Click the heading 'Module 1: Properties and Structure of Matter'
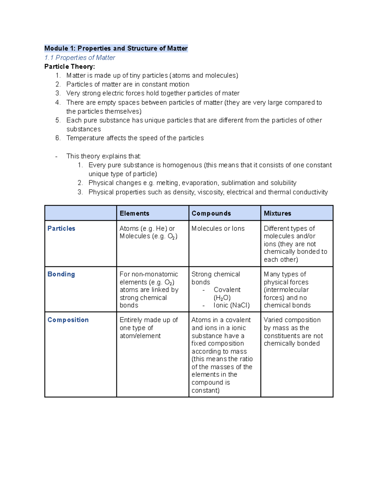[116, 48]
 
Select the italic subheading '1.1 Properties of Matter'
[80, 58]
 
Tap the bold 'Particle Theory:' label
[69, 67]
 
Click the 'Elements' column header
[134, 213]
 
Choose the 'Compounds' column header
[211, 213]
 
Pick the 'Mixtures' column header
[277, 213]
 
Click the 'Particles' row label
[61, 228]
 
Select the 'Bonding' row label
[61, 274]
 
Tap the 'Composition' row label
[68, 320]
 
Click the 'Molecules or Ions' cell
[218, 228]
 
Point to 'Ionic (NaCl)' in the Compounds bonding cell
[232, 305]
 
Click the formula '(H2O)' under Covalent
[222, 298]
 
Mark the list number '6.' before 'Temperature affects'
[58, 138]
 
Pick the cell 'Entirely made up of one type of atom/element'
[149, 328]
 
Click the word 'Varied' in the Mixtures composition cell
[273, 320]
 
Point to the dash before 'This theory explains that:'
[56, 156]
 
